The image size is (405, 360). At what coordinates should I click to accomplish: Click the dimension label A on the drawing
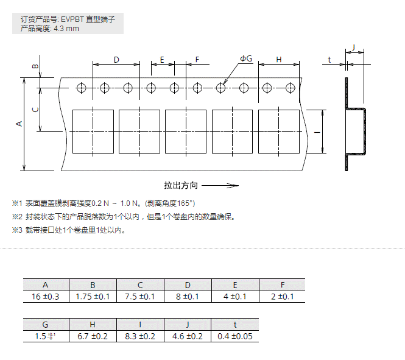coord(19,124)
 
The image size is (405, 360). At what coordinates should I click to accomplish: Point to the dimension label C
coord(35,109)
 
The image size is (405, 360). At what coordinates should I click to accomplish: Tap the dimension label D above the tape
coord(116,59)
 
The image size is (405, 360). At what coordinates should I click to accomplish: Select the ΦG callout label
coord(245,58)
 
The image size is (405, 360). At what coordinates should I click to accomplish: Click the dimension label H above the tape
coord(279,59)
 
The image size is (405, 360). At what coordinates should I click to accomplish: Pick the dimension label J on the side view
coord(354,48)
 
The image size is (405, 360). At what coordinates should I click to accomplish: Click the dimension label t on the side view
coord(329,59)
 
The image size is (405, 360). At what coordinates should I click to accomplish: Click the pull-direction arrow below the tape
coord(220,185)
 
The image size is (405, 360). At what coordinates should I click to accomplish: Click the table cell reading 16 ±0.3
coord(46,296)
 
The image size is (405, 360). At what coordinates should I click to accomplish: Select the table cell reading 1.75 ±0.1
coord(93,296)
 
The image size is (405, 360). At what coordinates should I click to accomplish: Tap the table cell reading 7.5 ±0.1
coord(140,296)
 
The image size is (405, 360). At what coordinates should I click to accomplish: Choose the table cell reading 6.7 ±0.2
coord(93,336)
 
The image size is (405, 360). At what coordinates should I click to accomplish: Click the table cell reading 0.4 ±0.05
coord(235,336)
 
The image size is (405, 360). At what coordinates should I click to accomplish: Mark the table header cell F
coord(283,284)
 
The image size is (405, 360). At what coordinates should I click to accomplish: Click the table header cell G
coord(46,325)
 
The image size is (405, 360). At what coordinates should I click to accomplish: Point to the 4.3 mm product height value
coord(66,28)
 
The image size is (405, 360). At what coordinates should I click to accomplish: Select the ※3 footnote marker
coord(16,230)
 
